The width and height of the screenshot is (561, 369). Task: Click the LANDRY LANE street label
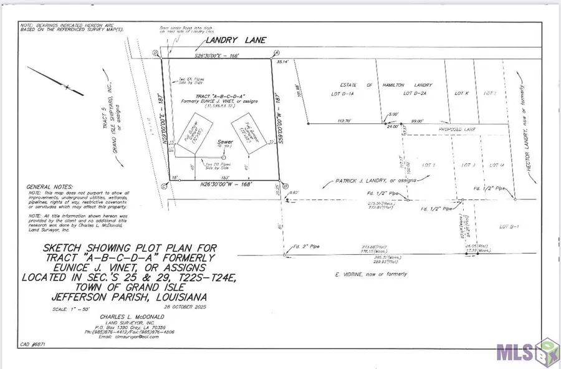click(231, 41)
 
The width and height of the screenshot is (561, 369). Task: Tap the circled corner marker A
click(276, 52)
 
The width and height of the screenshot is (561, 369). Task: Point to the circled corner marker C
click(163, 186)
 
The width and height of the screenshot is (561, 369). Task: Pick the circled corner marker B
click(284, 185)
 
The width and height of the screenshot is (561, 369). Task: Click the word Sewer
click(224, 141)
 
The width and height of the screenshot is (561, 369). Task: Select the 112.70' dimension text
click(346, 121)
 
